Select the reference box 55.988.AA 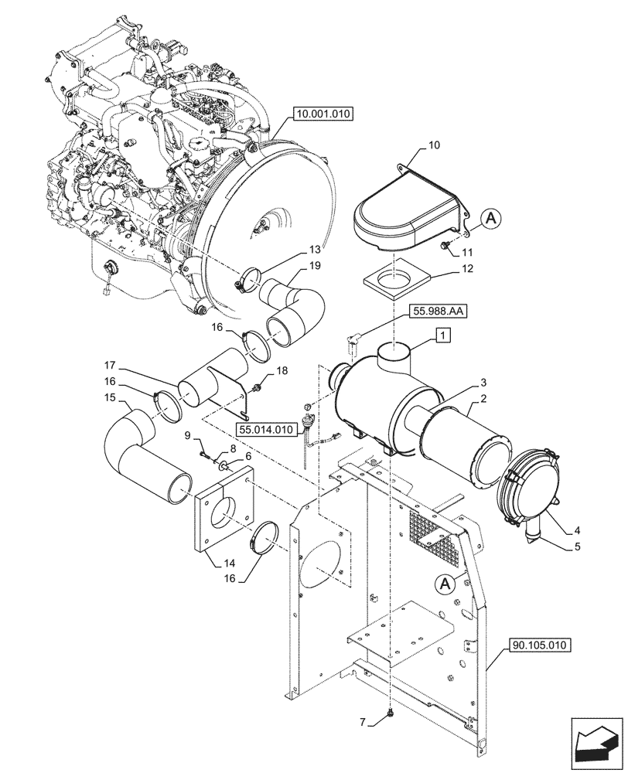tap(439, 312)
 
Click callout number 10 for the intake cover tap(433, 145)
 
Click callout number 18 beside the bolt tap(281, 372)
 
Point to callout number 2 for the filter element tap(483, 399)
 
